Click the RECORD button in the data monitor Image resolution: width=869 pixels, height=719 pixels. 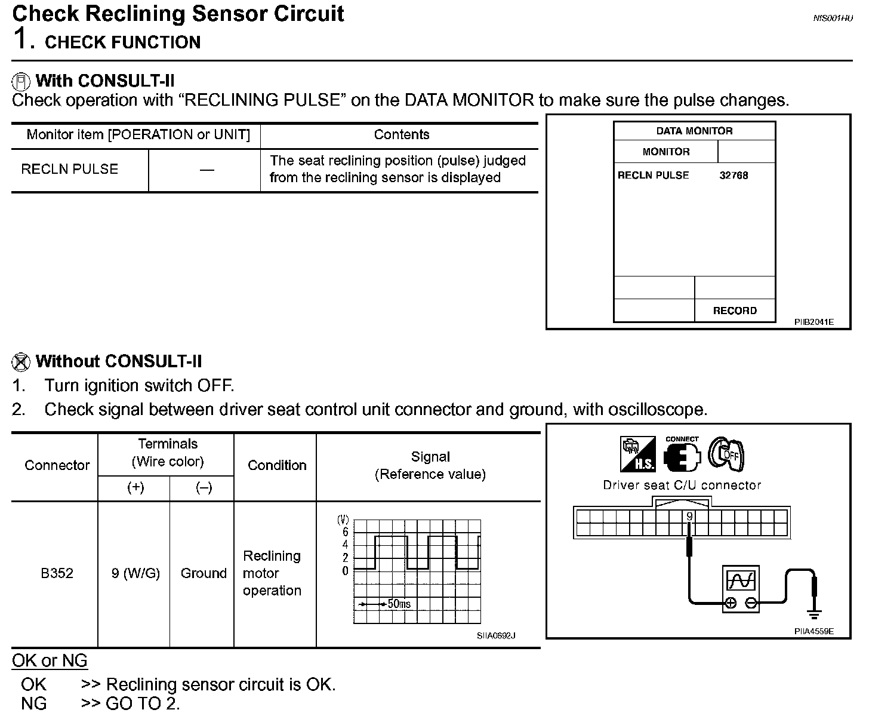pos(735,311)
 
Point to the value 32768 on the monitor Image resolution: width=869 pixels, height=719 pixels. pos(734,175)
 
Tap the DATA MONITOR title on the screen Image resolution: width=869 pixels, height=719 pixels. pos(694,131)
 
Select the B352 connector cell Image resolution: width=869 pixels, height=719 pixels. pos(57,573)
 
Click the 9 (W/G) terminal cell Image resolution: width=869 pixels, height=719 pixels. pos(135,573)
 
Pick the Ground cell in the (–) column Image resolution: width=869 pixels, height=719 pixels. pos(204,573)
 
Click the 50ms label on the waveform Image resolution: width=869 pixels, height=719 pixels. pos(399,604)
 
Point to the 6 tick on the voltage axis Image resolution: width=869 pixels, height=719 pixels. pos(345,531)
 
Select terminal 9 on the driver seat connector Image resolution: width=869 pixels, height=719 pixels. pos(689,517)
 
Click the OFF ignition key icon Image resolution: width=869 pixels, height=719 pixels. pos(726,454)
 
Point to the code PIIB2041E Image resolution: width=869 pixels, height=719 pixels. pos(813,322)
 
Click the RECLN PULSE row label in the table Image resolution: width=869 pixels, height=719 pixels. pos(70,169)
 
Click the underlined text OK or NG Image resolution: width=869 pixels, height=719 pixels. pos(50,660)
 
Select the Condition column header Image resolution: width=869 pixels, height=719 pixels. pos(277,465)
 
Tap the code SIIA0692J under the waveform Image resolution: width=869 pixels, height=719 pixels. pos(495,635)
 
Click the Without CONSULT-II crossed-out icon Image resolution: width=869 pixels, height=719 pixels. pos(21,361)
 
